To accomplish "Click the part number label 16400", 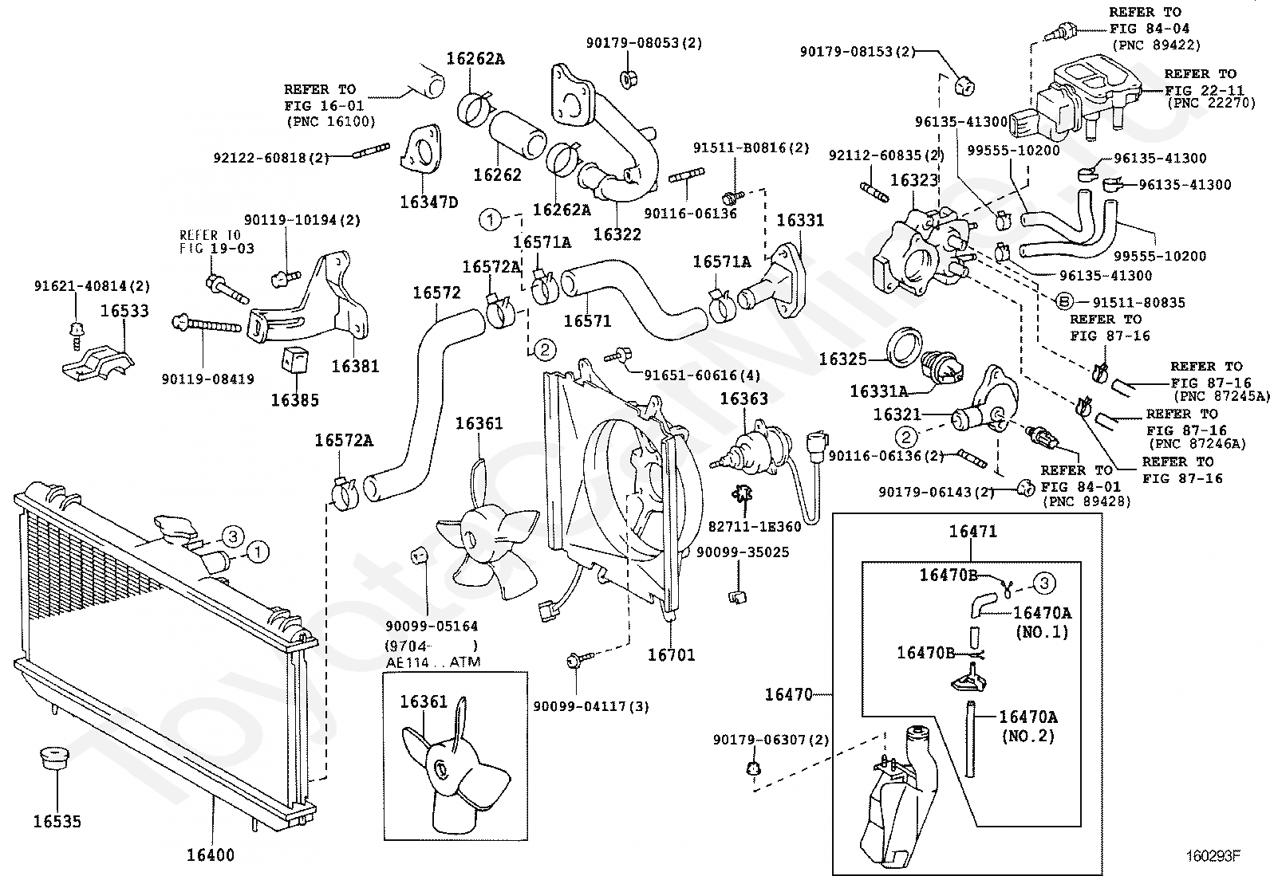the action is (211, 854).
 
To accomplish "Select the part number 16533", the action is (124, 311).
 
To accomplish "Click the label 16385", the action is (295, 400).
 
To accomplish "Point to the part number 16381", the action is (355, 366).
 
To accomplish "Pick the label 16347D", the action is (429, 202).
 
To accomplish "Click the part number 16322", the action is (617, 234).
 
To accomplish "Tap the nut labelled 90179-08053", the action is (628, 80).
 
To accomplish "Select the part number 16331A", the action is (879, 391).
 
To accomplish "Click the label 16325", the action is (843, 359).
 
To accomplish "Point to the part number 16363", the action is (743, 399).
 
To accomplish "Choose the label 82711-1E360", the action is (755, 526).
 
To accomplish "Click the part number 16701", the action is (671, 654).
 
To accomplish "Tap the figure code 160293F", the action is (1213, 855).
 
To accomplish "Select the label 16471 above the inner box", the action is (973, 531).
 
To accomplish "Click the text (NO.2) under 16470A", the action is (1028, 736).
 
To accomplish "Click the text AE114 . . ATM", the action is (433, 662).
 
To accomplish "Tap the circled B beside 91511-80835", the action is (1063, 302).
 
